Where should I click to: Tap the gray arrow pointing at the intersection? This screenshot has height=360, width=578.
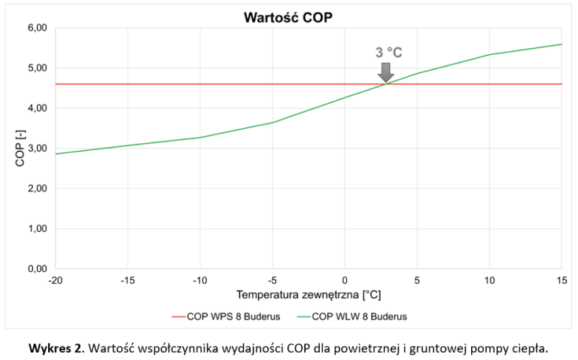coord(385,72)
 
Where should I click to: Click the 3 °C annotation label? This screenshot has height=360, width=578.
coord(389,53)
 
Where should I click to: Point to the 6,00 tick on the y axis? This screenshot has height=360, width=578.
coord(37,28)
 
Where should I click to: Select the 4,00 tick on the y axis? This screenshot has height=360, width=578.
coord(37,108)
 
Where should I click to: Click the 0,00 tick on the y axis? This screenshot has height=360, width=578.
coord(37,269)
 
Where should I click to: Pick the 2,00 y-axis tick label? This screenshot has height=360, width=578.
coord(37,189)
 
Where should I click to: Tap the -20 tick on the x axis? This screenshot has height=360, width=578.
coord(55,280)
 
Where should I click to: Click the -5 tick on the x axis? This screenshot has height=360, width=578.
coord(272,280)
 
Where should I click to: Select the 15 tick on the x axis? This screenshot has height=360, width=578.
coord(561,280)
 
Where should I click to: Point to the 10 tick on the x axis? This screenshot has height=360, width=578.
coord(489,280)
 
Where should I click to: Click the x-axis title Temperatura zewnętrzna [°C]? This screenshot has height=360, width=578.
coord(308,294)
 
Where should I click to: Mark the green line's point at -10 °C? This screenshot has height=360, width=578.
coord(200,137)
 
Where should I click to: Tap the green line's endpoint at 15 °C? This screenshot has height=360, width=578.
coord(561,44)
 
